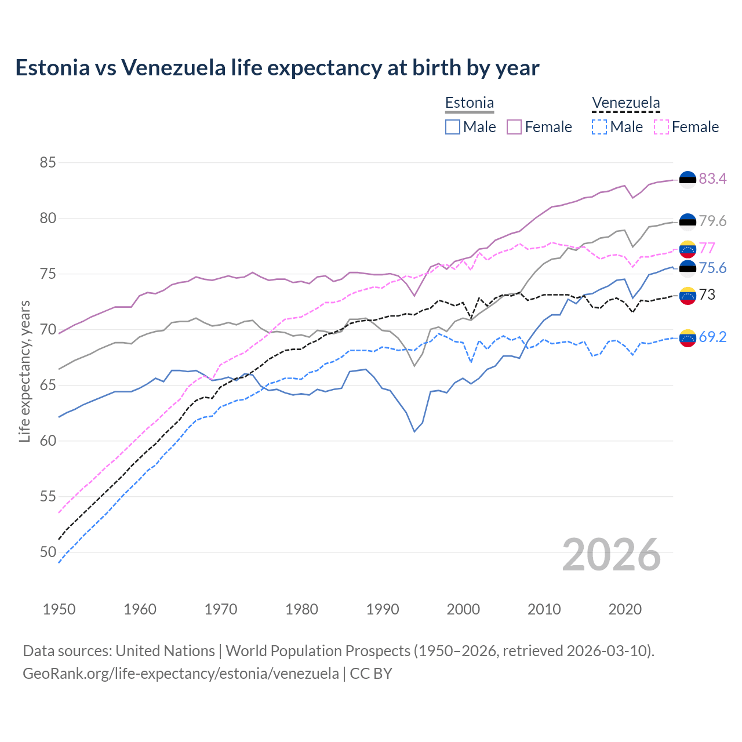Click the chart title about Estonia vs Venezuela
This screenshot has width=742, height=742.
point(277,68)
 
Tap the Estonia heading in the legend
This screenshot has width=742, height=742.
point(469,103)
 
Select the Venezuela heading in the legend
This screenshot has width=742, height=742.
point(625,103)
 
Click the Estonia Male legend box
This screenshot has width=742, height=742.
point(453,127)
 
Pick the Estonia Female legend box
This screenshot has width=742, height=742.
point(514,127)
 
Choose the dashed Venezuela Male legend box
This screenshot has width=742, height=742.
point(599,127)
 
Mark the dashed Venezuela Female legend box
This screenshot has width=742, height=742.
point(661,127)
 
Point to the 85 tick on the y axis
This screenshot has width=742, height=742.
point(48,163)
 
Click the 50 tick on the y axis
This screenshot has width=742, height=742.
point(48,552)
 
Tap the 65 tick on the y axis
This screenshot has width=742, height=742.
point(48,385)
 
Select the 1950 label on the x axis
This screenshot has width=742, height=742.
point(59,609)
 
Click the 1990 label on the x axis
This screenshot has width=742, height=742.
point(383,609)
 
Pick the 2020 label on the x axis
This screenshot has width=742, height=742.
point(625,609)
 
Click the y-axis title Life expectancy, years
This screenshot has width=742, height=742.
point(25,371)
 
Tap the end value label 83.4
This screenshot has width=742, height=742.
point(712,179)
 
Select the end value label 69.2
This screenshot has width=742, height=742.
point(712,337)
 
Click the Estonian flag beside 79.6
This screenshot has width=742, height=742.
point(688,221)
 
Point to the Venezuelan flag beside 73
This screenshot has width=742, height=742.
point(688,296)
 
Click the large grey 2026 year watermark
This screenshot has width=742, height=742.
point(611,555)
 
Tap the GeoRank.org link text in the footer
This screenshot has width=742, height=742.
point(181,674)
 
